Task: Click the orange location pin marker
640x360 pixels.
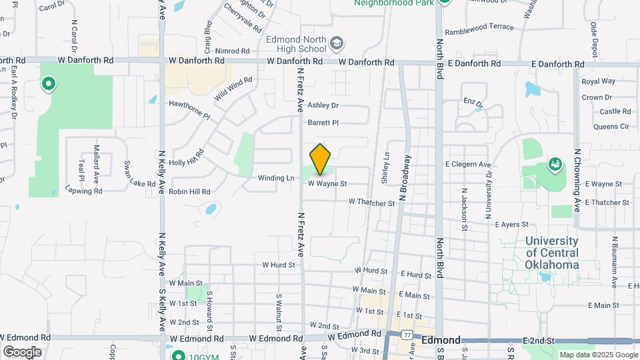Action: (x=321, y=159)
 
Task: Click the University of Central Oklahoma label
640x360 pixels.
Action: (x=552, y=253)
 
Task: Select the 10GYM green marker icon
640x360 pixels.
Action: (x=177, y=355)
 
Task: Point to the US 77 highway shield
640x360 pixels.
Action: (x=407, y=333)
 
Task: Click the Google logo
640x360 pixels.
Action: (x=22, y=352)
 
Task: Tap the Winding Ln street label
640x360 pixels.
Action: (x=276, y=178)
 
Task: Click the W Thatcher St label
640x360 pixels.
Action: (x=371, y=201)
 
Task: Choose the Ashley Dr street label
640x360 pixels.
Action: (x=323, y=105)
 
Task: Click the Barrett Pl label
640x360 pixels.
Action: (x=323, y=123)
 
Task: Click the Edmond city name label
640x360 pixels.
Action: (x=441, y=340)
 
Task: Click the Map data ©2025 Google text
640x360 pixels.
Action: (x=598, y=355)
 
